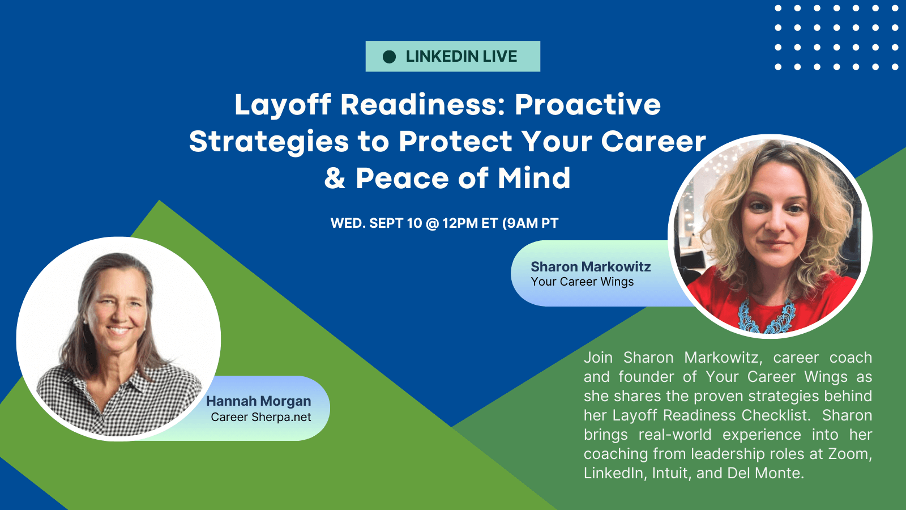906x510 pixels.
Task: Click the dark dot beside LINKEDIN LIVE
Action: (389, 57)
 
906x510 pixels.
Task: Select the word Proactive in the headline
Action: (588, 104)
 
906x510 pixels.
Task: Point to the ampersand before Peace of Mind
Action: (335, 178)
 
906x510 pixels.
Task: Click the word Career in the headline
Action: (653, 142)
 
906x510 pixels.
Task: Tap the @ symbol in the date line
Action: (432, 223)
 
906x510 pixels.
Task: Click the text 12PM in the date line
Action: (460, 223)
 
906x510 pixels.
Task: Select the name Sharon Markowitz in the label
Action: (591, 267)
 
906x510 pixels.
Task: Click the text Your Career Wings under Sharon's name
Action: (582, 282)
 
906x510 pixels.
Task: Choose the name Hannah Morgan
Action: (258, 401)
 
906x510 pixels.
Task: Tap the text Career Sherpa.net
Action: (261, 417)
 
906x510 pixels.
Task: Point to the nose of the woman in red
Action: (775, 223)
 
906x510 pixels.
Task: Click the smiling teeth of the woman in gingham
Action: (118, 329)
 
